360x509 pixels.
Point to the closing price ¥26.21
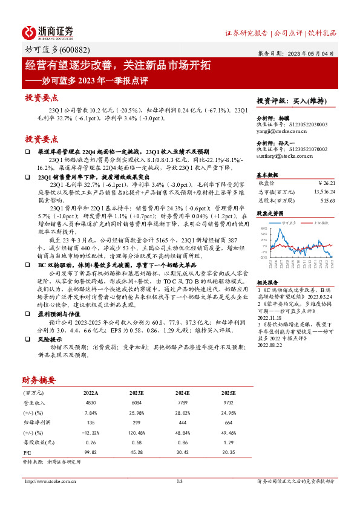326,183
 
